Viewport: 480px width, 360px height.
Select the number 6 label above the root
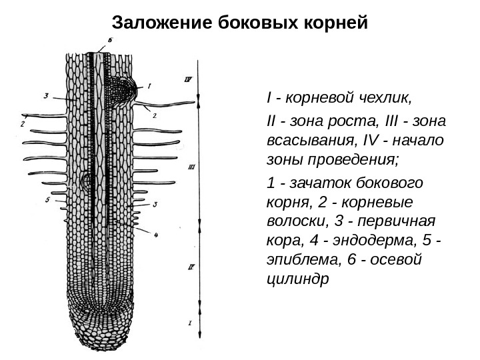110,41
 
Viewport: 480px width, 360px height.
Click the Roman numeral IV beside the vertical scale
188,79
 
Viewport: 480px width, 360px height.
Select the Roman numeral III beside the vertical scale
191,168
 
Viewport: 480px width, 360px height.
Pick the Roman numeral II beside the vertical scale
190,268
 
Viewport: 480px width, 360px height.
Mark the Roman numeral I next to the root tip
190,324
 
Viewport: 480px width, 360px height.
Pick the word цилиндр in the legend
297,279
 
